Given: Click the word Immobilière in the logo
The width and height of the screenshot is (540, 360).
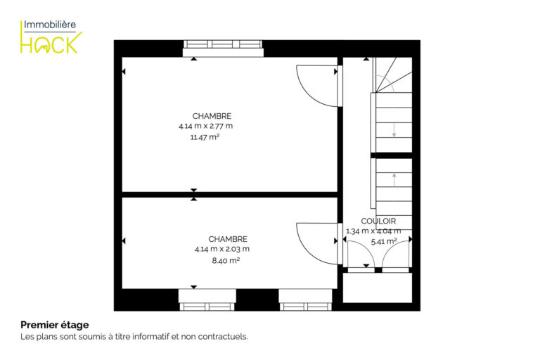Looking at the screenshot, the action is pos(50,25).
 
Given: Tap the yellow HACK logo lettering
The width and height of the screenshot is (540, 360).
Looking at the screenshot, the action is pos(51,43).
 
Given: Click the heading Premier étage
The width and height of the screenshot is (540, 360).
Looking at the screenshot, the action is pos(55,325).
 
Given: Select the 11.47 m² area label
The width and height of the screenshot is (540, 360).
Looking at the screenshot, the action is pos(205,137).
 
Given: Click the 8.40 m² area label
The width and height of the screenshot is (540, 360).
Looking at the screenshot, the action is pos(226,260).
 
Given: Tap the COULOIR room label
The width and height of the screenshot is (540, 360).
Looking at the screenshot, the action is pos(378,221).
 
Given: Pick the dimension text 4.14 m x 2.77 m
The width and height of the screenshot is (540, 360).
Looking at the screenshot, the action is pos(205,126).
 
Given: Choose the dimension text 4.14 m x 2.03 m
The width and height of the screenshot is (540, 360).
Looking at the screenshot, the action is pos(222,249).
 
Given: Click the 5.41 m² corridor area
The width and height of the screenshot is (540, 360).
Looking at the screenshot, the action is pos(384,241).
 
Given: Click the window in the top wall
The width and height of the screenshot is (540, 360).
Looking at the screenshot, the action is pos(223,49).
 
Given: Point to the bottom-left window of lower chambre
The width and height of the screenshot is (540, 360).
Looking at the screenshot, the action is pos(207,300).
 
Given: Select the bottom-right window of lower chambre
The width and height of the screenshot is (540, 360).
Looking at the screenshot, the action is pos(305,300).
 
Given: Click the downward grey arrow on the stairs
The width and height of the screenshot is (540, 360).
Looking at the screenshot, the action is pos(394,130).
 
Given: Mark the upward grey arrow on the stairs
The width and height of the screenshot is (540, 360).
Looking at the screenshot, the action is pos(394,180).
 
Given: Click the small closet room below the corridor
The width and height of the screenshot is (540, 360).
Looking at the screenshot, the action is pos(378,288).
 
